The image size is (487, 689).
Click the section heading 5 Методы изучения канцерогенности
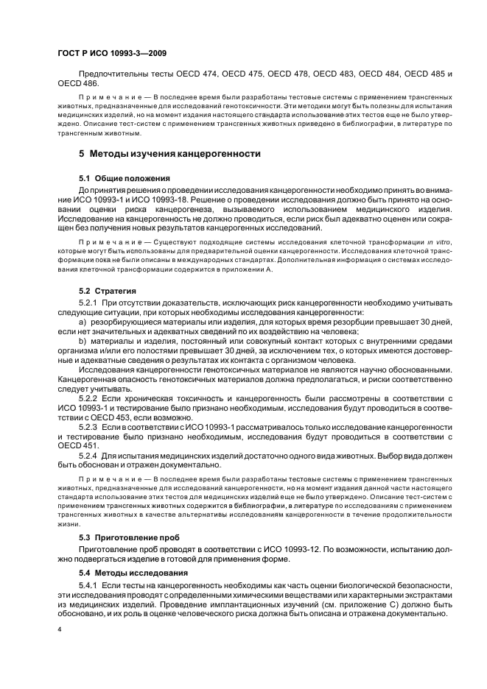169,154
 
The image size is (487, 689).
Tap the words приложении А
249,270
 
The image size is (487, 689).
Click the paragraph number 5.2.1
89,303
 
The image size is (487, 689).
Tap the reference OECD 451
76,446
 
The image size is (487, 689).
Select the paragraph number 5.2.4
89,456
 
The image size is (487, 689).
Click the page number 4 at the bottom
59,630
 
